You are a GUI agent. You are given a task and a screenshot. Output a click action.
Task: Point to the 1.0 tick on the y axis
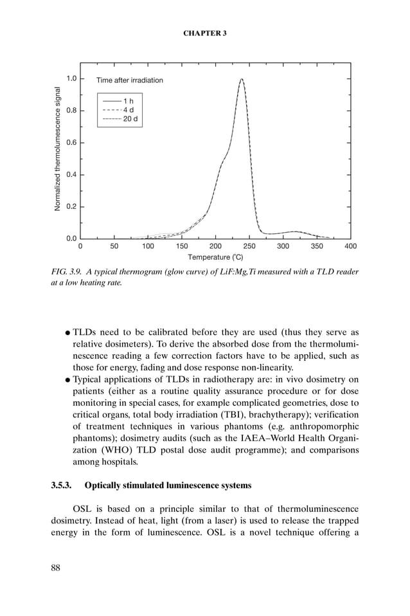[x=71, y=78]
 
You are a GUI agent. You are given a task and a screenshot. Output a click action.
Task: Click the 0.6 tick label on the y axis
[x=71, y=143]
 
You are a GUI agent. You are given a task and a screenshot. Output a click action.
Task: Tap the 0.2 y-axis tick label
[x=71, y=206]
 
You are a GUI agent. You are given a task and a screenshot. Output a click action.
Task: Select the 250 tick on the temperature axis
[x=249, y=246]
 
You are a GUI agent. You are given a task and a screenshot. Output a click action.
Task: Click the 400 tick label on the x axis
[x=351, y=246]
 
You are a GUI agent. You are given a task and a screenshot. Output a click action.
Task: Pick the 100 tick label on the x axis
[x=148, y=246]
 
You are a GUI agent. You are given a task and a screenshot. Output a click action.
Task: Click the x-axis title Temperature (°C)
[x=215, y=257]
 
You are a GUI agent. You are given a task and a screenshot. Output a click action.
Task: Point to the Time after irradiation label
[x=130, y=80]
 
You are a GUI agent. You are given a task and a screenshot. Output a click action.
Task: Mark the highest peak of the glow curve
[x=242, y=80]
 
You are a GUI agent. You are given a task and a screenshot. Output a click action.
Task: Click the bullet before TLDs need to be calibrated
[x=67, y=332]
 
